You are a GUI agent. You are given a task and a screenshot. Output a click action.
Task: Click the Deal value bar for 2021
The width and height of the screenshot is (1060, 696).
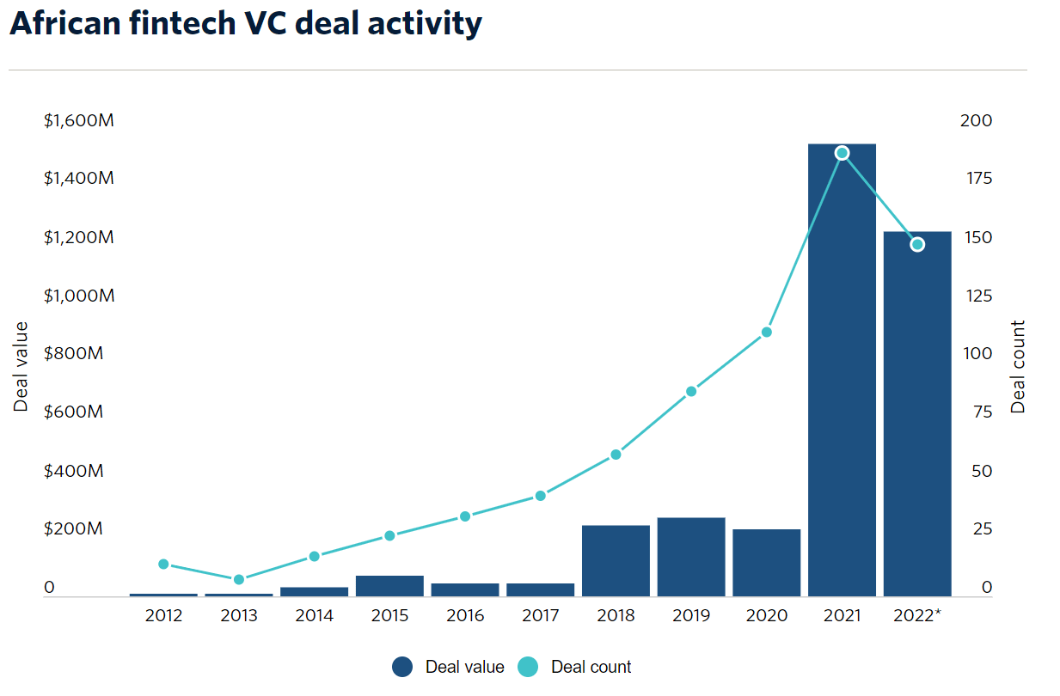click(842, 369)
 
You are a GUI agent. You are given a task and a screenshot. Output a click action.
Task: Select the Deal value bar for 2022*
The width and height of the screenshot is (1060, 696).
click(917, 413)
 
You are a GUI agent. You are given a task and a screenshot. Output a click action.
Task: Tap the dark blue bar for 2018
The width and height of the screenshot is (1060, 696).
click(616, 560)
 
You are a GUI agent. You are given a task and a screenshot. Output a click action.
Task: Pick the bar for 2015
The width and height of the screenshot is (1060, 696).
click(389, 585)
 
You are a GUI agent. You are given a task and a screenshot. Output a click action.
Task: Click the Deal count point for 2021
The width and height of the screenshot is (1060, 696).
click(842, 153)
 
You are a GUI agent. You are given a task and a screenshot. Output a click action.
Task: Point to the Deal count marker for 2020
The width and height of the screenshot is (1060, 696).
click(767, 332)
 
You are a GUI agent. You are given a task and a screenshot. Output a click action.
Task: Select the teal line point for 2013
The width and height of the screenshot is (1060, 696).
click(239, 580)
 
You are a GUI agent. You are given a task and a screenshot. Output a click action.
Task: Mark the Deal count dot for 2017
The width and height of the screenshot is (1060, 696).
click(541, 496)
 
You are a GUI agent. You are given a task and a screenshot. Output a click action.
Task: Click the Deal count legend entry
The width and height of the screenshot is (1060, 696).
click(575, 667)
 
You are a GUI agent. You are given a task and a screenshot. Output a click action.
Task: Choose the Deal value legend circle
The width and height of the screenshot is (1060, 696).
click(403, 667)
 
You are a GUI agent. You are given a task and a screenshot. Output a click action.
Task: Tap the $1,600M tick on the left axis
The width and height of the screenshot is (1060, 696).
click(78, 120)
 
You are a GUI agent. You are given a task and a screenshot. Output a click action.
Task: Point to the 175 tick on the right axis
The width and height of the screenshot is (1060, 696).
click(976, 179)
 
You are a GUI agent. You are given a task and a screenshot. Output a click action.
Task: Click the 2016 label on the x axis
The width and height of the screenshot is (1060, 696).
click(465, 616)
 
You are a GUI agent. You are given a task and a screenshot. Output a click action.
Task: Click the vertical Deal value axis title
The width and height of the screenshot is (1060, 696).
click(21, 367)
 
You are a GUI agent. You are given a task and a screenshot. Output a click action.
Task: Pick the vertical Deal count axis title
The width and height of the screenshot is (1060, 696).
click(1019, 367)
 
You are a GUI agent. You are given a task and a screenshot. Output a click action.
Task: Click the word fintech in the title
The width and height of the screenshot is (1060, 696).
click(181, 23)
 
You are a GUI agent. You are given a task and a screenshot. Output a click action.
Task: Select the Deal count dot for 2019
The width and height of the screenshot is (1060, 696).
click(691, 392)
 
